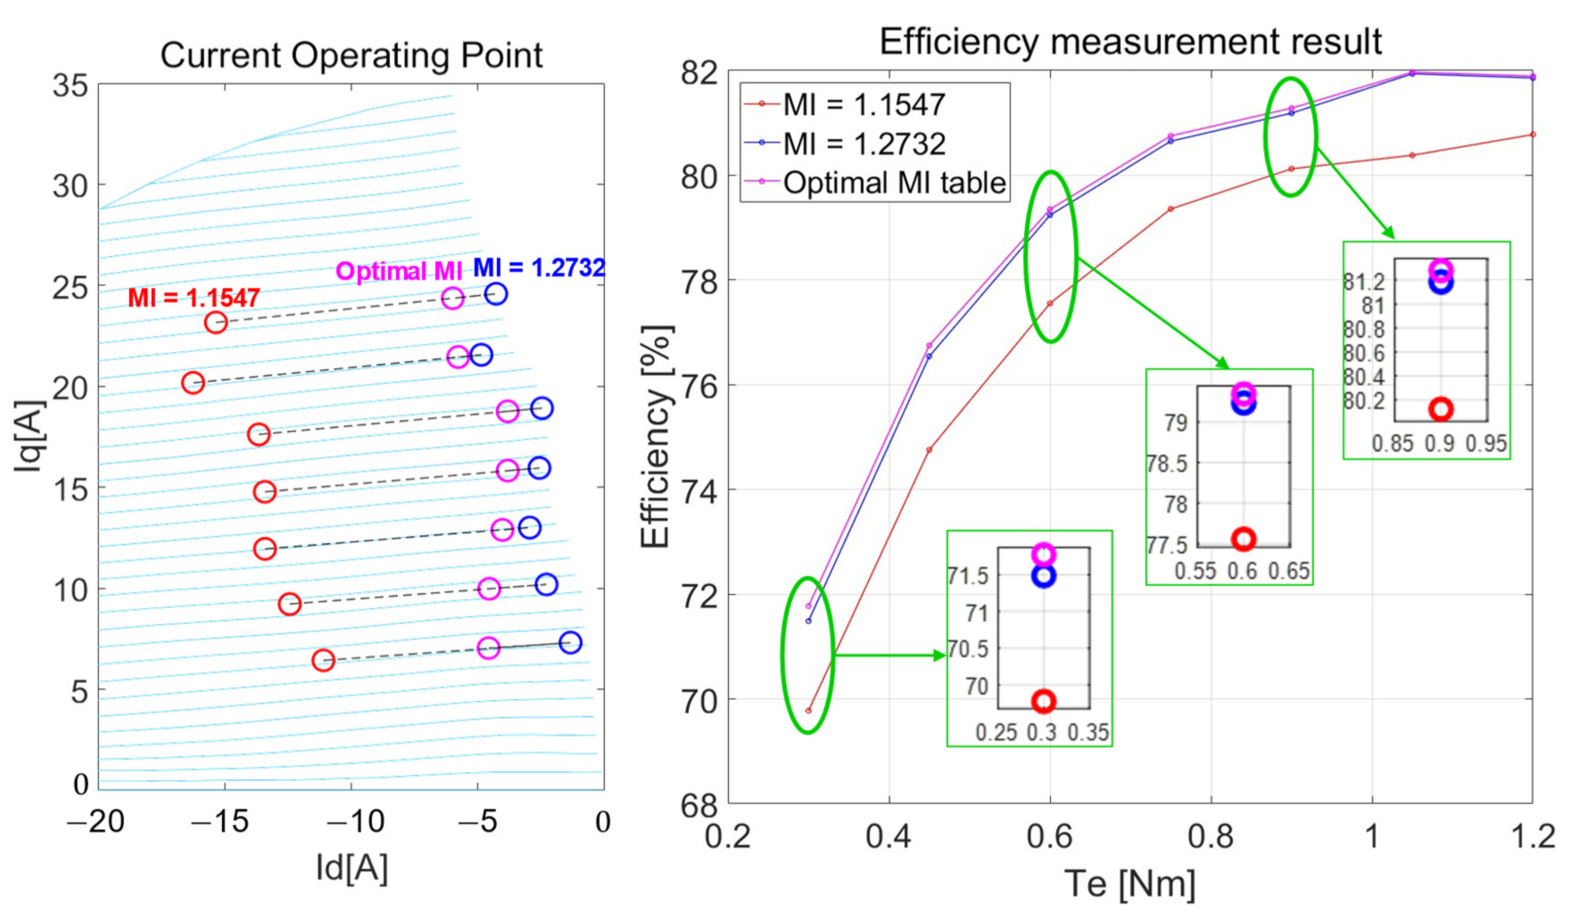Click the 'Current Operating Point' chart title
click(351, 55)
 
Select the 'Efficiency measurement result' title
click(1130, 42)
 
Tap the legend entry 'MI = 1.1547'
click(863, 105)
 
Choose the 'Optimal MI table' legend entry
click(894, 183)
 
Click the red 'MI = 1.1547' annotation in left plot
click(194, 298)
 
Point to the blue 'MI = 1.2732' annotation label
click(539, 268)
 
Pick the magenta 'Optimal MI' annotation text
click(399, 271)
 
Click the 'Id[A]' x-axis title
click(351, 867)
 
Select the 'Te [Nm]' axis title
click(1130, 884)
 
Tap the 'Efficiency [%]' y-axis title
click(656, 437)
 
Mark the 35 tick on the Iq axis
click(70, 86)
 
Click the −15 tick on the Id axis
click(224, 821)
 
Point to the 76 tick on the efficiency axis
click(699, 385)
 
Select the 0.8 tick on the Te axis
click(1211, 837)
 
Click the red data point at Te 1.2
click(1533, 135)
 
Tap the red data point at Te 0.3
click(808, 711)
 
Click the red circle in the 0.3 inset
click(1044, 702)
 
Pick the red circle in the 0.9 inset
click(1441, 409)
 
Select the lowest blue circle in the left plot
click(570, 643)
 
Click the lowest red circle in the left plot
click(323, 660)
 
